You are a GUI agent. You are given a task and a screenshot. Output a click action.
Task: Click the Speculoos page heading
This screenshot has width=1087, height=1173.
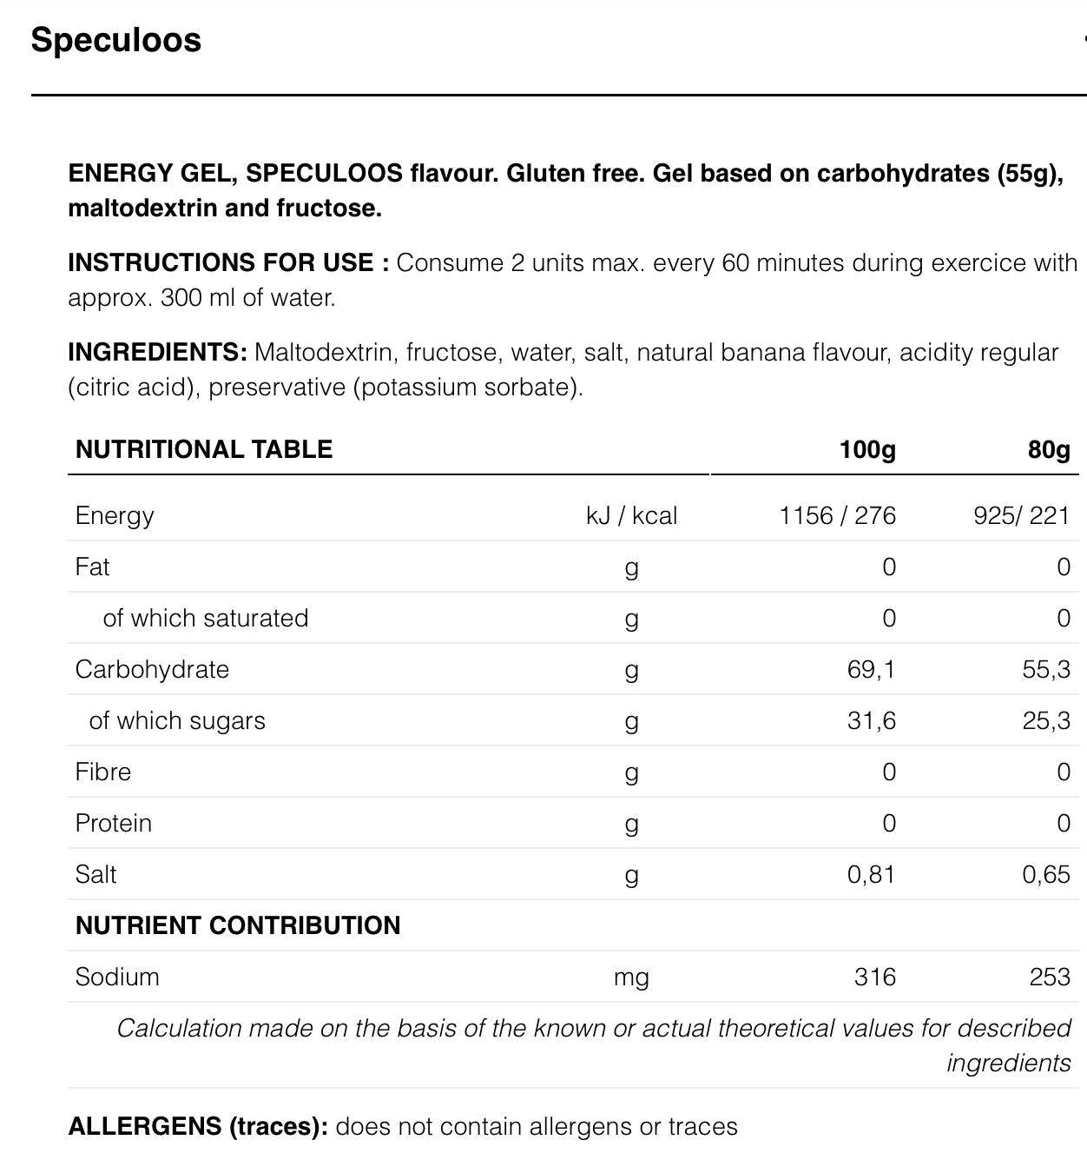[116, 40]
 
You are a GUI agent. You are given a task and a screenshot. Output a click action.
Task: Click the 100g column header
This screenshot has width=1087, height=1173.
[867, 449]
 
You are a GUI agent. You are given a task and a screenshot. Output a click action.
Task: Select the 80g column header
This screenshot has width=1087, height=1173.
[1049, 449]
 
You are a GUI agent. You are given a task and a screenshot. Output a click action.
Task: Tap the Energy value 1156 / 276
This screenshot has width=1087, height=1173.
[837, 515]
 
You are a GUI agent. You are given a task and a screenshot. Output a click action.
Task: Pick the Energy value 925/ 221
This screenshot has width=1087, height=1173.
[1021, 515]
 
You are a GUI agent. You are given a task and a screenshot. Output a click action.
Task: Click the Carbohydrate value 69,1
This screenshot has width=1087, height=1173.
[872, 669]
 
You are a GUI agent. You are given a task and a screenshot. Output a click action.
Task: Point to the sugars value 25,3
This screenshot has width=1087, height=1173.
[1046, 720]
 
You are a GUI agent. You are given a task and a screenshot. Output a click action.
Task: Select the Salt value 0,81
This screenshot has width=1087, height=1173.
[871, 874]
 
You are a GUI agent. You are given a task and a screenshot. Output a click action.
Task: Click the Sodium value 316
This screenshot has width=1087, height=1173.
[874, 977]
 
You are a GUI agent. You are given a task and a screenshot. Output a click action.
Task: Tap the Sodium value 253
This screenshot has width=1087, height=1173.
[1050, 977]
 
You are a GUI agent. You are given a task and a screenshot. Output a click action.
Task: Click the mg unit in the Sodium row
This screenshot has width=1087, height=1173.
[631, 977]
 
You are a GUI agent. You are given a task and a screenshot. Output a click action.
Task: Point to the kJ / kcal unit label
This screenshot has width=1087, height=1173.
[631, 515]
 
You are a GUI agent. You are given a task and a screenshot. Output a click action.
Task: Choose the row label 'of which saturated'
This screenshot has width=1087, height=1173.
[206, 618]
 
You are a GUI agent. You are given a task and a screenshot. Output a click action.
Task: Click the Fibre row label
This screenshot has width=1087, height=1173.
[103, 772]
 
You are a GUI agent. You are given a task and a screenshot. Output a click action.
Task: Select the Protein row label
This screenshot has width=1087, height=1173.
[114, 823]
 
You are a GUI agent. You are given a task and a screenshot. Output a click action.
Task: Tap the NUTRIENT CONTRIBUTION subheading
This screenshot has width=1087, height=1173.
[238, 925]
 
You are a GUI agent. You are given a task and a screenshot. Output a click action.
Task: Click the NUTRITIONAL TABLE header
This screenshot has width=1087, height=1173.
[204, 449]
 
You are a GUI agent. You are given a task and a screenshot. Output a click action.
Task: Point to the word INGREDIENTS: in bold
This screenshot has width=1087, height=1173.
[158, 352]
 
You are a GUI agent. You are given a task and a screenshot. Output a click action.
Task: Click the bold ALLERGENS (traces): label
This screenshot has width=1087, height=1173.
[198, 1126]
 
